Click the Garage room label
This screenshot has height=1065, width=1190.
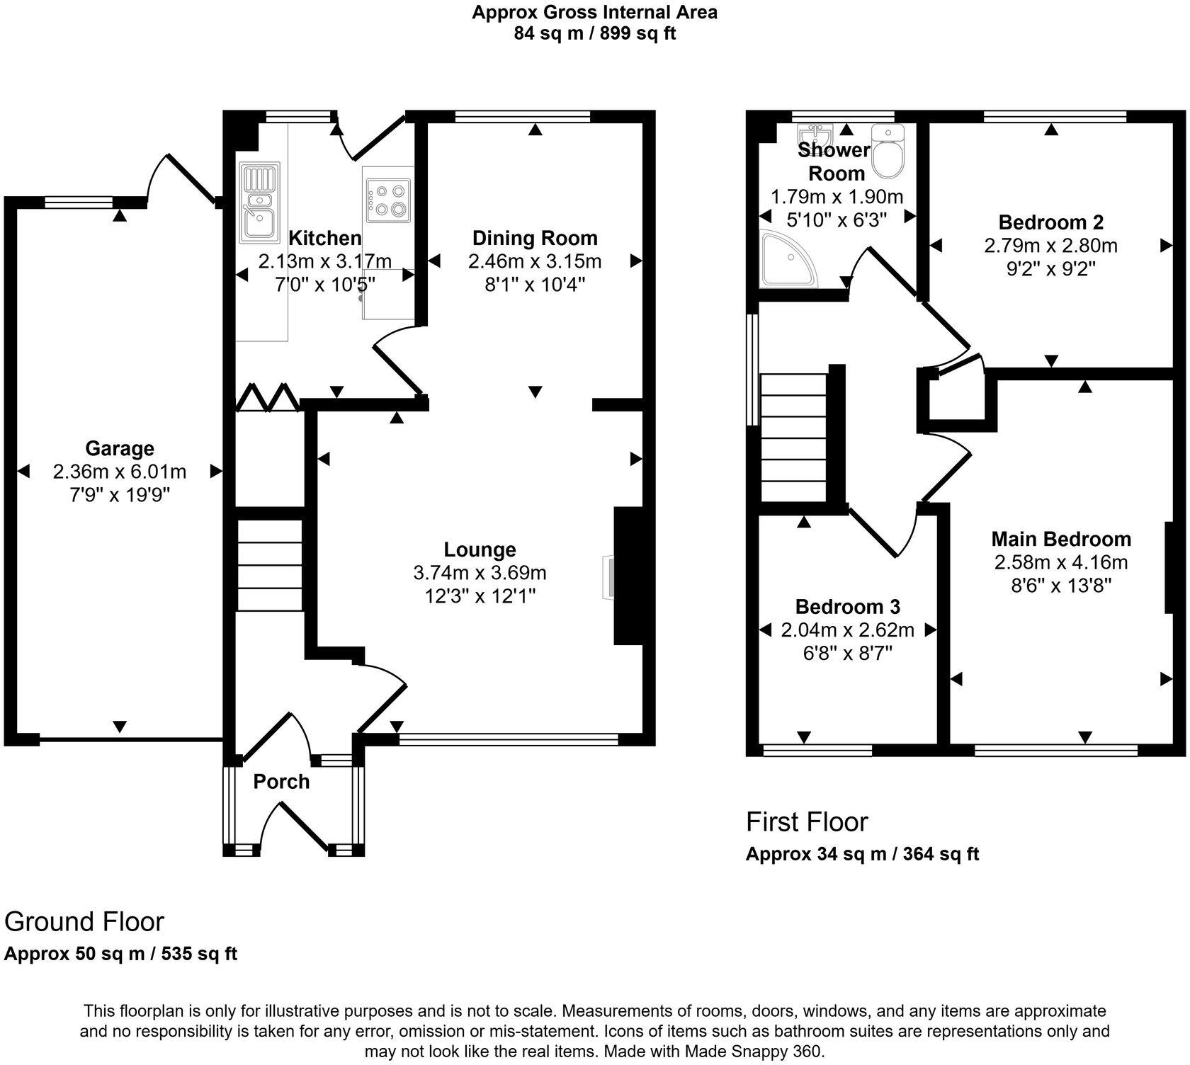(x=120, y=448)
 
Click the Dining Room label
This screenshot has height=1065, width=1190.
(x=535, y=238)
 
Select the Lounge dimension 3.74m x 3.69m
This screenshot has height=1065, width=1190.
(x=480, y=572)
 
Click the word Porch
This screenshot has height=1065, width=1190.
(x=281, y=782)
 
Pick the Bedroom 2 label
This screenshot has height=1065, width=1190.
(x=1050, y=222)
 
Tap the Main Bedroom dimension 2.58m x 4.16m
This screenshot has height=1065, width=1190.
(x=1060, y=563)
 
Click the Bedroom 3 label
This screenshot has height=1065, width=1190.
(x=847, y=607)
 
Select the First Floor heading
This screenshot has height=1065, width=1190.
(x=807, y=822)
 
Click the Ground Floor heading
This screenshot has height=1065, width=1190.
(x=84, y=922)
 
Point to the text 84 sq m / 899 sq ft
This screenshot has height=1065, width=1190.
(x=595, y=33)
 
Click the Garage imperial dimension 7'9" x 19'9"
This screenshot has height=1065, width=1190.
(x=120, y=494)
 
